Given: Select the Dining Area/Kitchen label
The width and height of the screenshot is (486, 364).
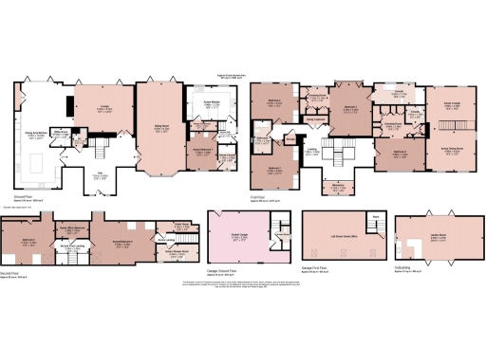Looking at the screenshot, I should pyautogui.click(x=36, y=135).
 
